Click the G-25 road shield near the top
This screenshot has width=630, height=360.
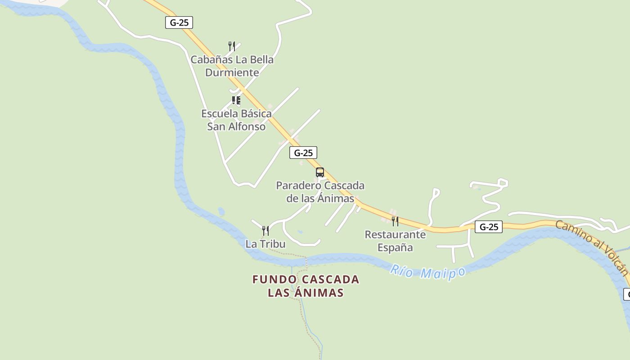coord(179,22)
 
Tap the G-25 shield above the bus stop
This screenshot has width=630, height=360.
coord(303,153)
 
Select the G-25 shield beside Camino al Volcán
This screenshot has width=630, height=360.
coord(489,227)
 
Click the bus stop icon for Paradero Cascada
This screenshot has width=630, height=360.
coord(320,172)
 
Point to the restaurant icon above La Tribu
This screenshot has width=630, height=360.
coord(265,231)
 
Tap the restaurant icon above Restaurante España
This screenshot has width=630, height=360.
coord(395,221)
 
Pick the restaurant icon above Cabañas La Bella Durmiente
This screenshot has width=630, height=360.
coord(232,46)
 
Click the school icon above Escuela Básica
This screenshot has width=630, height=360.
coord(236,100)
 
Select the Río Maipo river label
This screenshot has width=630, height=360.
coord(427,272)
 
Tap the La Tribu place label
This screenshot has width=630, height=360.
coord(265,244)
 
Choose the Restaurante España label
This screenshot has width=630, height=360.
coord(395,241)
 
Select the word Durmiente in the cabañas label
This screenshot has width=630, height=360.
coord(232,72)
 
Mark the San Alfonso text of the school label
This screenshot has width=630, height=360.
coord(236,126)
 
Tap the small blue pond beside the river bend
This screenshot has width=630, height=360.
coord(221,211)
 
